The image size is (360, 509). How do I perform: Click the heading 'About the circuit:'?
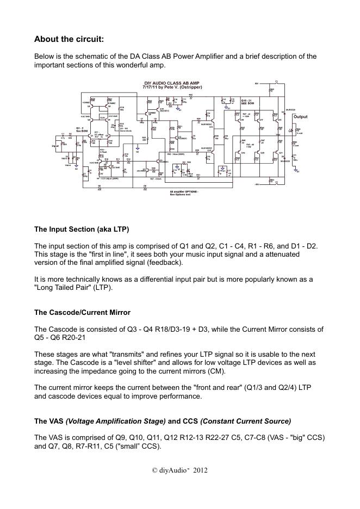69,39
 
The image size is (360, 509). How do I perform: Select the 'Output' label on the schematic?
300,117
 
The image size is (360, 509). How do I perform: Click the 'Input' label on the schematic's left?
55,146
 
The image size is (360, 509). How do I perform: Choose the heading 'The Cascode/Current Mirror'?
82,313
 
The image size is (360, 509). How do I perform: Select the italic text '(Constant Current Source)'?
246,421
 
